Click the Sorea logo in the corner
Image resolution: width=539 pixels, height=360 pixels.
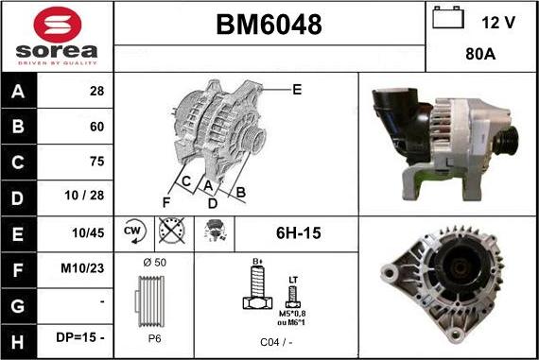56,35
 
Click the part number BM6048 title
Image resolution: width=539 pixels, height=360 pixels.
269,25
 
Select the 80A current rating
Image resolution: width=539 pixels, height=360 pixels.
481,55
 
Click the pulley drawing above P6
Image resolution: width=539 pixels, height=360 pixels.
152,301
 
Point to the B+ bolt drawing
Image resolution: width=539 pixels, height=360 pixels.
254,288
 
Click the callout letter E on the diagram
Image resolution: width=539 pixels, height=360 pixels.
297,90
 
